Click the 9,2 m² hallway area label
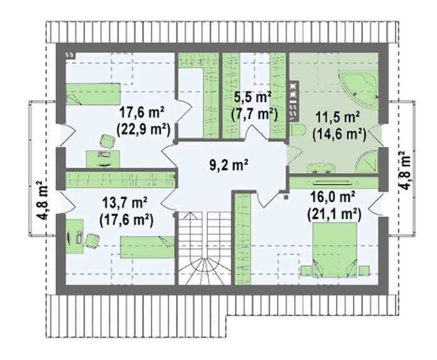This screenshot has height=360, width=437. pos(228,165)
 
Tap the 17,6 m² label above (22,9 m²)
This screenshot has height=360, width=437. pos(142,113)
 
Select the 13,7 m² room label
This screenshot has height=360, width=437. pos(125,203)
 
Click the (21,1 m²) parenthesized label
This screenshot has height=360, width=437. pos(334,215)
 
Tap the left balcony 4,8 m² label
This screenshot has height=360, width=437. pos(42,200)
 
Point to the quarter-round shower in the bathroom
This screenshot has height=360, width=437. pos(368,162)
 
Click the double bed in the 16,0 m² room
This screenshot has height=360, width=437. pos(335,250)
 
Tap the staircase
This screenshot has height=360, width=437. pos(205,248)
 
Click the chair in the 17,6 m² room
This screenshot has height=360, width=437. pos(107,141)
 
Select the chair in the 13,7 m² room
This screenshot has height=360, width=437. pos(92,240)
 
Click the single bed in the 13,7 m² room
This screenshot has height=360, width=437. pos(147,247)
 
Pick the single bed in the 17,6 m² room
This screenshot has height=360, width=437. pos(93,94)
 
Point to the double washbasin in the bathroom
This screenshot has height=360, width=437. pos(321,168)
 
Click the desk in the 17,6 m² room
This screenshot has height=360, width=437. pos(103,159)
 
